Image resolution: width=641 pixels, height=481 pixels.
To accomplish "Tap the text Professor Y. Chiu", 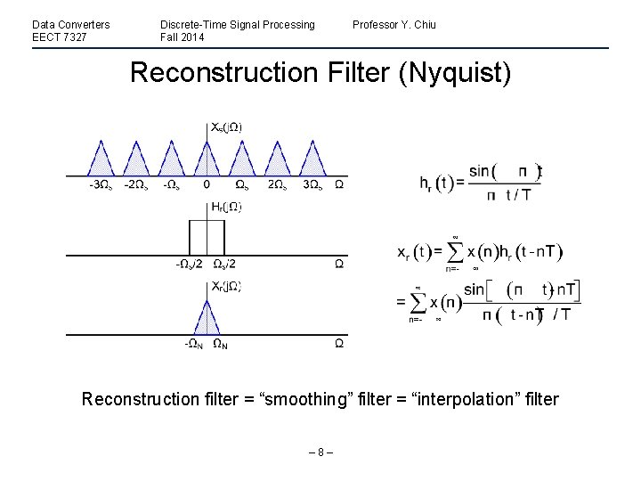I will click(394, 24).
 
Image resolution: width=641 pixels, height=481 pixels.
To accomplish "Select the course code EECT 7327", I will click(59, 37).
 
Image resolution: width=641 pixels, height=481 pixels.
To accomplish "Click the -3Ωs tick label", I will click(101, 184).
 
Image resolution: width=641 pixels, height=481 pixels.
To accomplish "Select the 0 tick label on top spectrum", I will click(207, 184).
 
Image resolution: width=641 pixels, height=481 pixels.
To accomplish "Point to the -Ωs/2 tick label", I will click(188, 264).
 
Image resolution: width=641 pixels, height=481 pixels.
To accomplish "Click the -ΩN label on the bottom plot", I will click(191, 344).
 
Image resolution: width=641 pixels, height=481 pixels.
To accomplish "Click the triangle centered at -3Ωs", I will click(103, 161).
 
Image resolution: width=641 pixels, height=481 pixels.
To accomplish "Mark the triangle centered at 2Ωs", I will click(277, 161).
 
